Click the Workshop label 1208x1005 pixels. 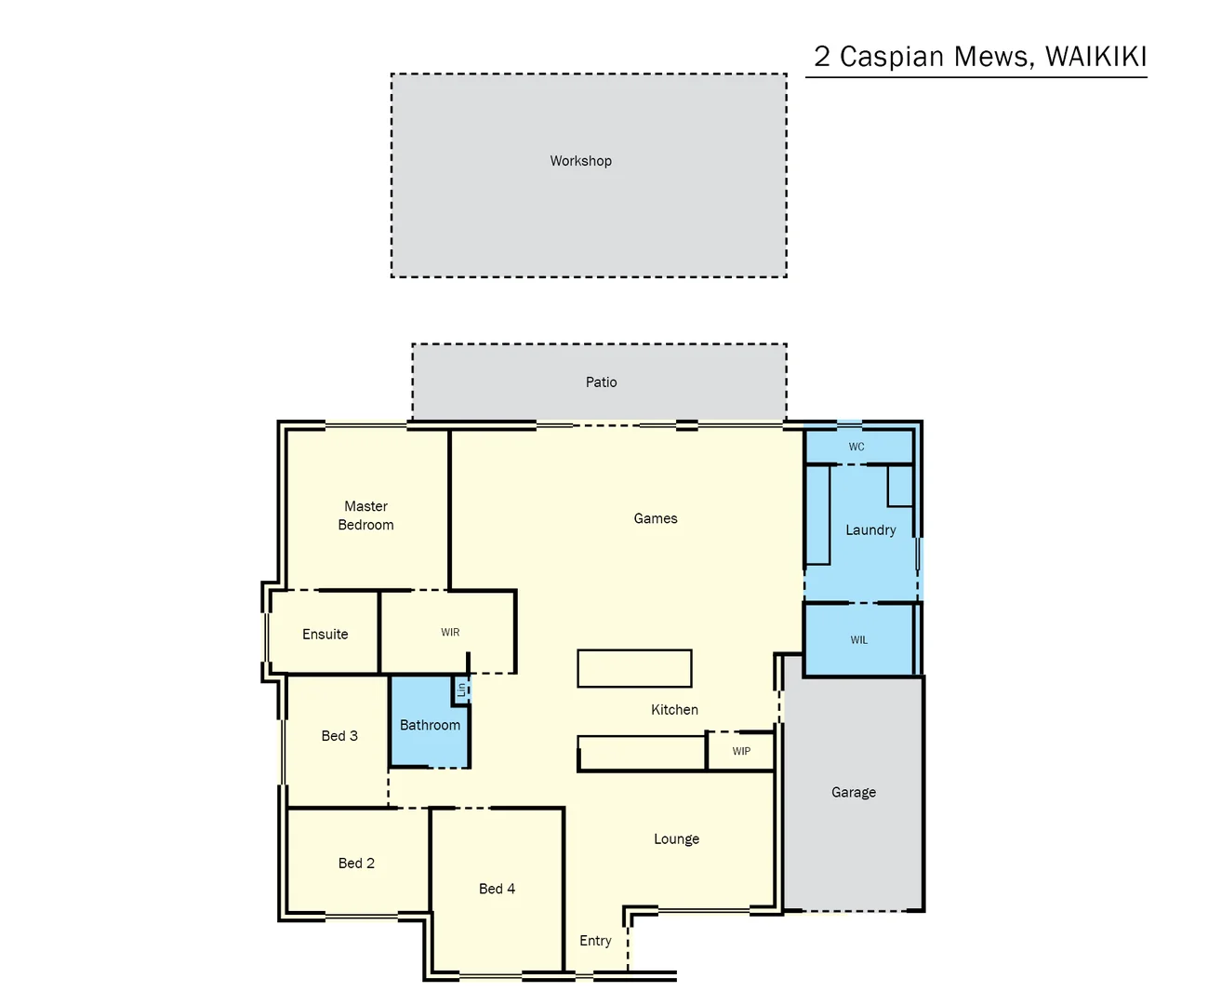(x=580, y=161)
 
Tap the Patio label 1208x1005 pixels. (x=601, y=382)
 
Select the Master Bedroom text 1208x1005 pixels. (x=365, y=516)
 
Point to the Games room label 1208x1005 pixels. (x=656, y=518)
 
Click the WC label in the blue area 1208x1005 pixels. (x=856, y=447)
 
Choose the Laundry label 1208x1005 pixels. (x=870, y=530)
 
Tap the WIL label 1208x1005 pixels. (x=859, y=640)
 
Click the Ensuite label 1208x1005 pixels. (x=325, y=635)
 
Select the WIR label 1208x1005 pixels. (x=450, y=633)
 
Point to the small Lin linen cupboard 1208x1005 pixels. (x=461, y=690)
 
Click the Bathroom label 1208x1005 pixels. (x=430, y=725)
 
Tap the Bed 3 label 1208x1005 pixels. (x=339, y=736)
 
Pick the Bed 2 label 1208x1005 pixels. (x=356, y=864)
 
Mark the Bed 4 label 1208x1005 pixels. (x=497, y=889)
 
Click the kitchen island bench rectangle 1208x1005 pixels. (x=634, y=668)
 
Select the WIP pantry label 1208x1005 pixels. (x=741, y=752)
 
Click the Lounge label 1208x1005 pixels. (x=676, y=839)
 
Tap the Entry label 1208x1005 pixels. (x=595, y=941)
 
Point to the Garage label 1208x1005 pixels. (x=854, y=793)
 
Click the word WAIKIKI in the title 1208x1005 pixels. (x=1095, y=57)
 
